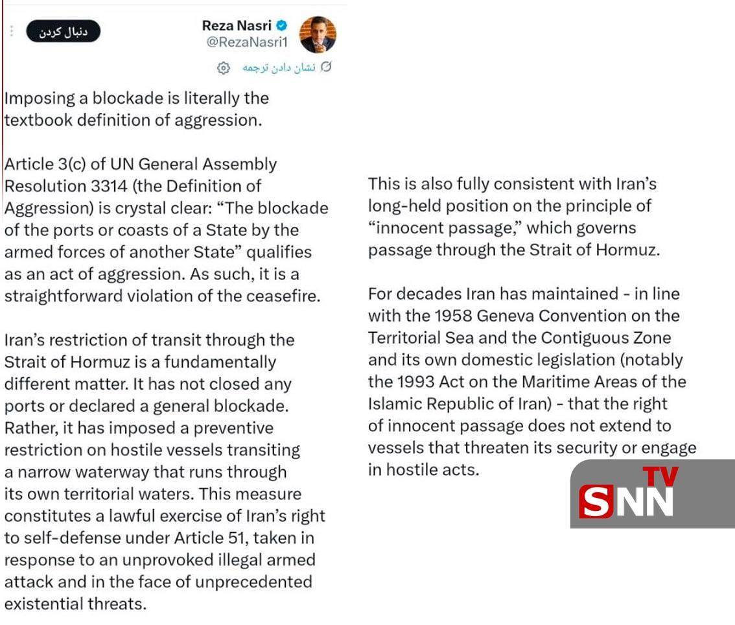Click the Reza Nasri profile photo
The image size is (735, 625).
tap(318, 34)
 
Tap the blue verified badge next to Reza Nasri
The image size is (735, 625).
tap(282, 26)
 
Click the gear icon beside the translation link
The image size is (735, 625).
tap(223, 67)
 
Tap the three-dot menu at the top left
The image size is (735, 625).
tap(11, 31)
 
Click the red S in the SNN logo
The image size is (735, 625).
tap(596, 501)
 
